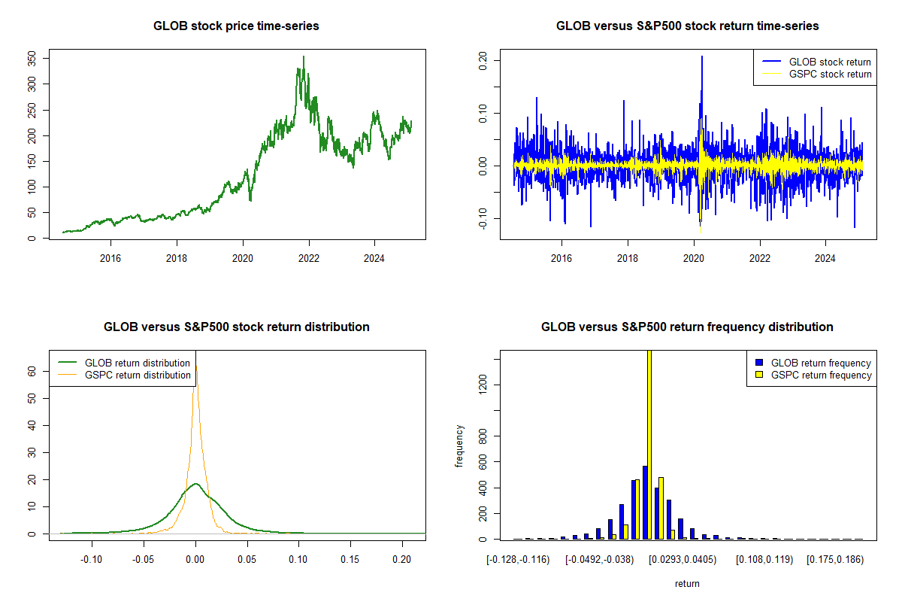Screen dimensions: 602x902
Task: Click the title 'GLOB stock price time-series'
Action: click(236, 26)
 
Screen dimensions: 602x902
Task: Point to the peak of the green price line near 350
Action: click(304, 56)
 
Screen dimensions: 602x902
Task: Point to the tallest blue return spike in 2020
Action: click(702, 56)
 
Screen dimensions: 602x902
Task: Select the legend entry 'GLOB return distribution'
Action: click(138, 363)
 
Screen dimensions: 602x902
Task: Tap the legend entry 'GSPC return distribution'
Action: click(138, 375)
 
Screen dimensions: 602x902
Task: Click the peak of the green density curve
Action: click(195, 484)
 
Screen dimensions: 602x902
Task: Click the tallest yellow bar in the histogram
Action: click(649, 444)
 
